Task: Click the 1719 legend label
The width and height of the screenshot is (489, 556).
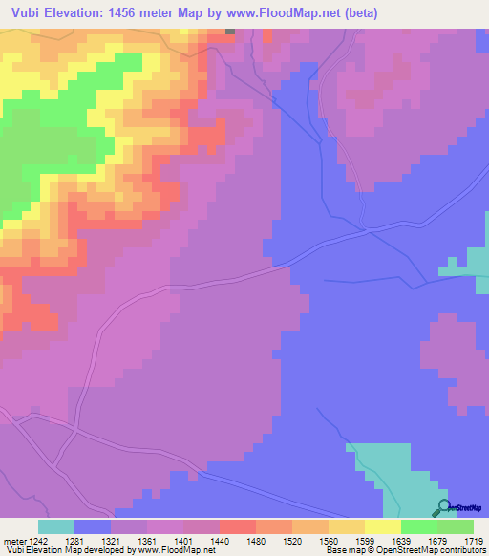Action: click(x=473, y=541)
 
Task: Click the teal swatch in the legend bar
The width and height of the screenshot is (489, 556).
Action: click(x=56, y=526)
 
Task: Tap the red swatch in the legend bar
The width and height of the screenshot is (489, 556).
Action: click(x=238, y=526)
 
